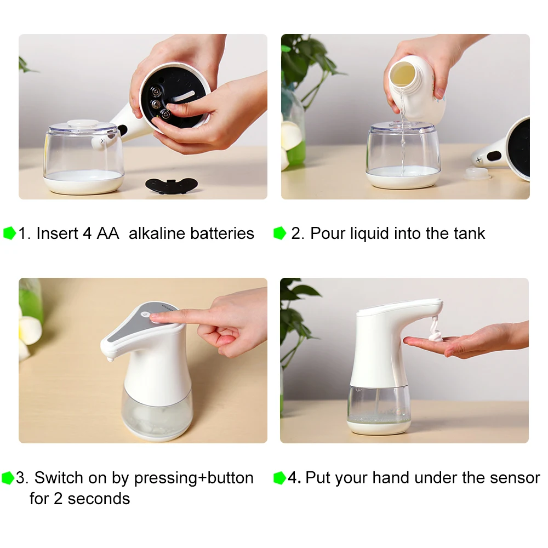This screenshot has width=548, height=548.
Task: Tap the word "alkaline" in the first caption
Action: [157, 233]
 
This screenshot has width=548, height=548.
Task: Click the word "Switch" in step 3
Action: [59, 477]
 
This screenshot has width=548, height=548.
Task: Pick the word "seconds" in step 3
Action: [99, 498]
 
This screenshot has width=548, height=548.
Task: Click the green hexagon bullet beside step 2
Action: [279, 233]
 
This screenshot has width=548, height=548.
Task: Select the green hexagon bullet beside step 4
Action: [279, 478]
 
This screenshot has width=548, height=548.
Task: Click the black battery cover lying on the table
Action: [171, 185]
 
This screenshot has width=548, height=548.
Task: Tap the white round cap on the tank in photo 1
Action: [83, 123]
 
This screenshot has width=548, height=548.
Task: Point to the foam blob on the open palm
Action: [436, 336]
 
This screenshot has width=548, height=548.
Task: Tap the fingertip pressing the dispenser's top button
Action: [156, 316]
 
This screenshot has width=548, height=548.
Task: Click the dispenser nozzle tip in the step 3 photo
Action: [110, 359]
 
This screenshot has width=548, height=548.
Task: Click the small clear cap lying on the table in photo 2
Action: [477, 173]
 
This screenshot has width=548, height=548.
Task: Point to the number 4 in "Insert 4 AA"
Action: [87, 233]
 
